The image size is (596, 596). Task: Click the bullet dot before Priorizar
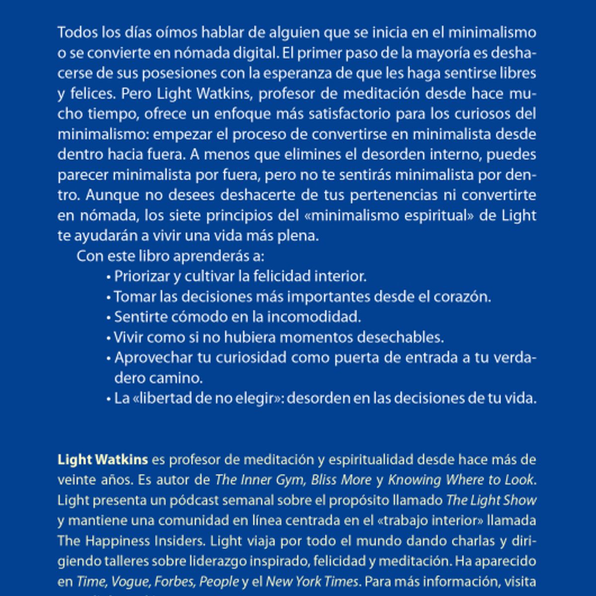(x=108, y=277)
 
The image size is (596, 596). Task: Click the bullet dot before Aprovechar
(x=108, y=359)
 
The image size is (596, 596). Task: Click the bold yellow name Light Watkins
(x=103, y=460)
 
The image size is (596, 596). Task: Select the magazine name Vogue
(x=130, y=582)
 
